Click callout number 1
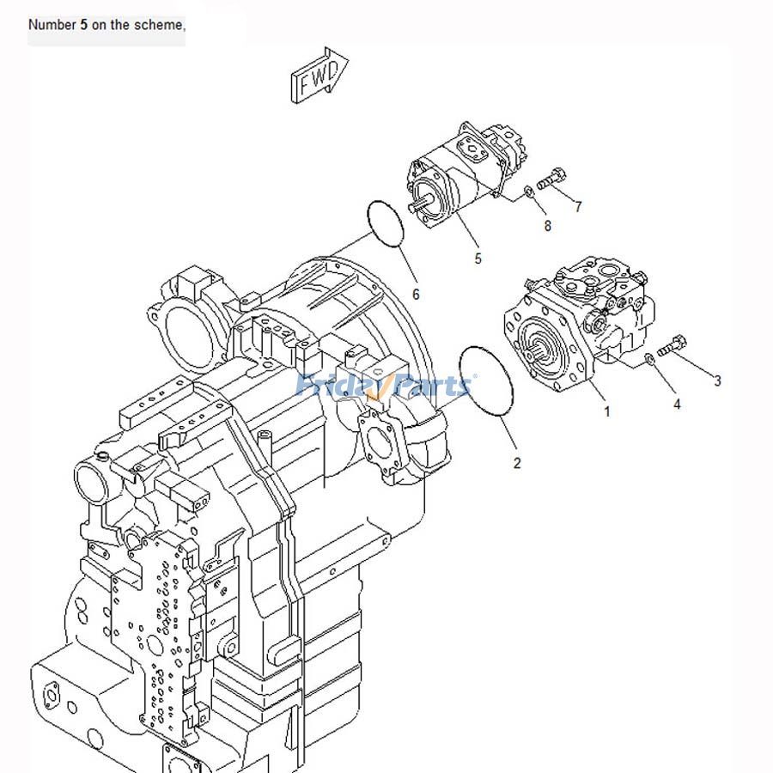pyautogui.click(x=607, y=412)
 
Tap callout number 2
pyautogui.click(x=517, y=464)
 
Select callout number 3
pyautogui.click(x=718, y=380)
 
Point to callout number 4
pyautogui.click(x=677, y=404)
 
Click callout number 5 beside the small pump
pyautogui.click(x=478, y=259)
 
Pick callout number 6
pyautogui.click(x=416, y=295)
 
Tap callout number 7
pyautogui.click(x=578, y=206)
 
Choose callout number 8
pyautogui.click(x=547, y=227)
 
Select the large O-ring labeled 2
pyautogui.click(x=485, y=386)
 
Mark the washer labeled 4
pyautogui.click(x=650, y=359)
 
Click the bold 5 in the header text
pyautogui.click(x=83, y=25)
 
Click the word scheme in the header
pyautogui.click(x=156, y=25)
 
